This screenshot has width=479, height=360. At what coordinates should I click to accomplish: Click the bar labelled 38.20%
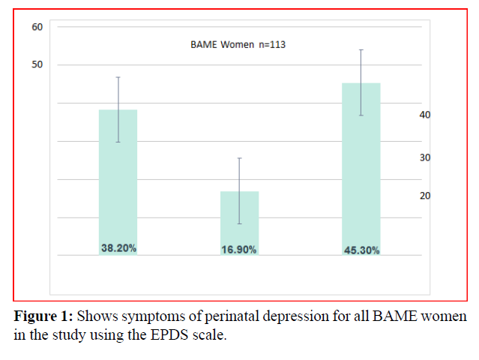coord(118,180)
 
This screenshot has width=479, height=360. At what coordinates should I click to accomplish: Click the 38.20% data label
coord(118,248)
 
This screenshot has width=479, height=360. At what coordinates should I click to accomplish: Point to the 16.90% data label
coord(239,250)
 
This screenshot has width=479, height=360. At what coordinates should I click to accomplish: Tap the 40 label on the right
coord(425,115)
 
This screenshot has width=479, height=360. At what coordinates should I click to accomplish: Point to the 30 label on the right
coord(425,157)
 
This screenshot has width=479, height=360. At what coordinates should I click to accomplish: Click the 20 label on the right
coord(425,196)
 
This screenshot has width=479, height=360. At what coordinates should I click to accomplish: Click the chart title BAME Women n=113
coord(238,45)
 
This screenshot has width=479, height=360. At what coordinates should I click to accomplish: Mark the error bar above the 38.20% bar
coord(118,94)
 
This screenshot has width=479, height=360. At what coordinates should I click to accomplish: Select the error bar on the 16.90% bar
coord(239,174)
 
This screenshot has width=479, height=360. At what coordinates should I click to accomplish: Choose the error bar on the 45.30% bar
coord(361,66)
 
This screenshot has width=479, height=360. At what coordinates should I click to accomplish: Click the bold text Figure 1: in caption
coord(43,316)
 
